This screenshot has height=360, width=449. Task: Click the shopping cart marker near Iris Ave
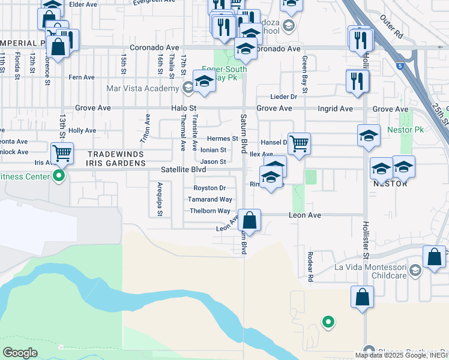pyautogui.click(x=62, y=154)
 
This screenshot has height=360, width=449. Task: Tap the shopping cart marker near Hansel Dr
pyautogui.click(x=299, y=144)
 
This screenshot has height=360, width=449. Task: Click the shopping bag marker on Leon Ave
pyautogui.click(x=249, y=220)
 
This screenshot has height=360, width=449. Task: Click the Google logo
pyautogui.click(x=20, y=352)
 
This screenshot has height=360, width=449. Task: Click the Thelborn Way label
pyautogui.click(x=210, y=211)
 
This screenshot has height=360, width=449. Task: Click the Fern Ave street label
pyautogui.click(x=82, y=77)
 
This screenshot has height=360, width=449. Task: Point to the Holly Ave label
pyautogui.click(x=82, y=130)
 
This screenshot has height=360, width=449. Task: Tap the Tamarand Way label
pyautogui.click(x=209, y=199)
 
